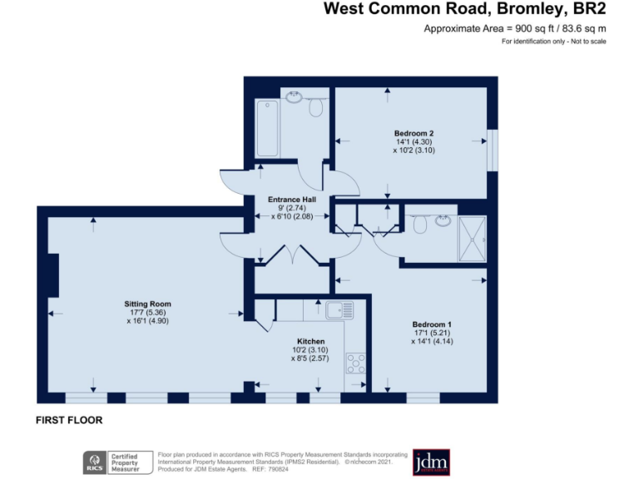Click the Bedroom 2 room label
[x=414, y=133]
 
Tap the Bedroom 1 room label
[x=432, y=324]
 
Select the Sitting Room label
[x=148, y=304]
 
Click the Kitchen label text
[x=310, y=341]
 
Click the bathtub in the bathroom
[x=266, y=128]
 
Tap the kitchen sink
[x=340, y=311]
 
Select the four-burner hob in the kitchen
[x=356, y=363]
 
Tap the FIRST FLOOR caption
[x=69, y=421]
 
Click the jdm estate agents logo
[x=430, y=462]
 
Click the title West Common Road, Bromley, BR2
[x=465, y=10]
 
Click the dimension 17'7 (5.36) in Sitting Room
[x=148, y=313]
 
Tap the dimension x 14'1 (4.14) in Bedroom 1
[x=432, y=343]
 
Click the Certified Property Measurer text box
[x=131, y=462]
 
